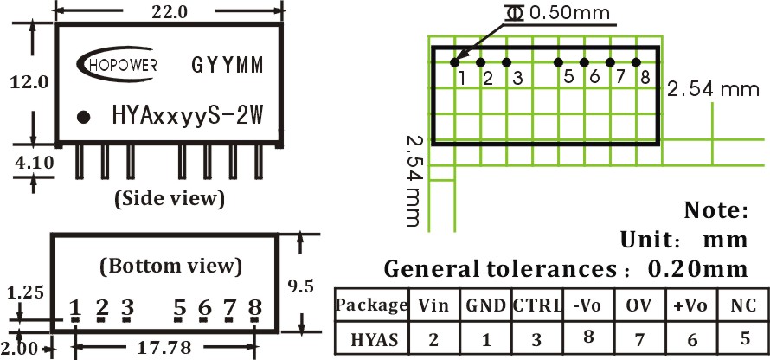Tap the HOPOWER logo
(x=117, y=62)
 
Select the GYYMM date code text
(x=228, y=65)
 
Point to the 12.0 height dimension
(x=29, y=81)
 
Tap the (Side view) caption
(x=170, y=198)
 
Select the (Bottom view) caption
(x=171, y=267)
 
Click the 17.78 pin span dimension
(x=164, y=348)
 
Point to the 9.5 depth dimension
(x=301, y=286)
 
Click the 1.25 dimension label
(x=26, y=292)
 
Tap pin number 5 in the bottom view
(x=180, y=308)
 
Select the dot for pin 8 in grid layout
(x=636, y=62)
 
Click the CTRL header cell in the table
(x=537, y=305)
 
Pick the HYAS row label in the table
(x=375, y=340)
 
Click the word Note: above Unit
(x=716, y=210)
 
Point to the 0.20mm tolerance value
(x=698, y=268)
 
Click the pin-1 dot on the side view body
(x=84, y=117)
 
